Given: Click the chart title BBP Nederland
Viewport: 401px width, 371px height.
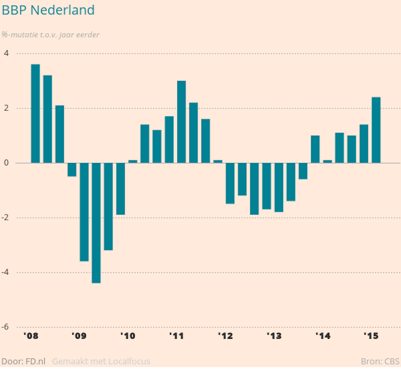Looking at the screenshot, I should [x=48, y=10].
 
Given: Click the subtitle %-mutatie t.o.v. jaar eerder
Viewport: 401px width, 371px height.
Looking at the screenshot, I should [x=50, y=35].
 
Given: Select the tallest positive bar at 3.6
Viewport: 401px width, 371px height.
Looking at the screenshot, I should [x=35, y=114].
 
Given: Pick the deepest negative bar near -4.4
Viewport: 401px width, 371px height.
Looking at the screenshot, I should [x=96, y=223].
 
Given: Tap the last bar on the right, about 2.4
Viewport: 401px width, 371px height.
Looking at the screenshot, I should [x=376, y=130].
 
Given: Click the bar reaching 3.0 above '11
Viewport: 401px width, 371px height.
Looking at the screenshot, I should [x=181, y=122].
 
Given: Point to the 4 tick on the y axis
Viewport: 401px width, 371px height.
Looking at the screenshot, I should [x=6, y=53].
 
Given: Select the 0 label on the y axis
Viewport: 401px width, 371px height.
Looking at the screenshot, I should [x=6, y=163].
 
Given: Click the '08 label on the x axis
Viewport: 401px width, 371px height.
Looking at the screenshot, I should [x=31, y=336].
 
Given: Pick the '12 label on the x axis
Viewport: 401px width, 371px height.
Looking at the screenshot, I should [x=226, y=336].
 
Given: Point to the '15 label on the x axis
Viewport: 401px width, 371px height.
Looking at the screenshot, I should [x=371, y=336].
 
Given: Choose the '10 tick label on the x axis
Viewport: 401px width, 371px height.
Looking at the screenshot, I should [x=128, y=336].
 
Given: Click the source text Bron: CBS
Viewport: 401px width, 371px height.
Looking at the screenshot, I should [x=380, y=362].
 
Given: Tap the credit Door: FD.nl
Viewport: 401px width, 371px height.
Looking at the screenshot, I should [x=23, y=362].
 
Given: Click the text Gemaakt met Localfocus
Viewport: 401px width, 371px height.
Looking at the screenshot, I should [x=101, y=362].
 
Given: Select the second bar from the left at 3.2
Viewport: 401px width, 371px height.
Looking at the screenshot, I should [x=48, y=119].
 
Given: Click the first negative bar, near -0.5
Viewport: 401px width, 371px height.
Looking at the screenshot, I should [x=72, y=170].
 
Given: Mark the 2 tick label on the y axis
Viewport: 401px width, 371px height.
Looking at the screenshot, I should [x=6, y=108].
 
